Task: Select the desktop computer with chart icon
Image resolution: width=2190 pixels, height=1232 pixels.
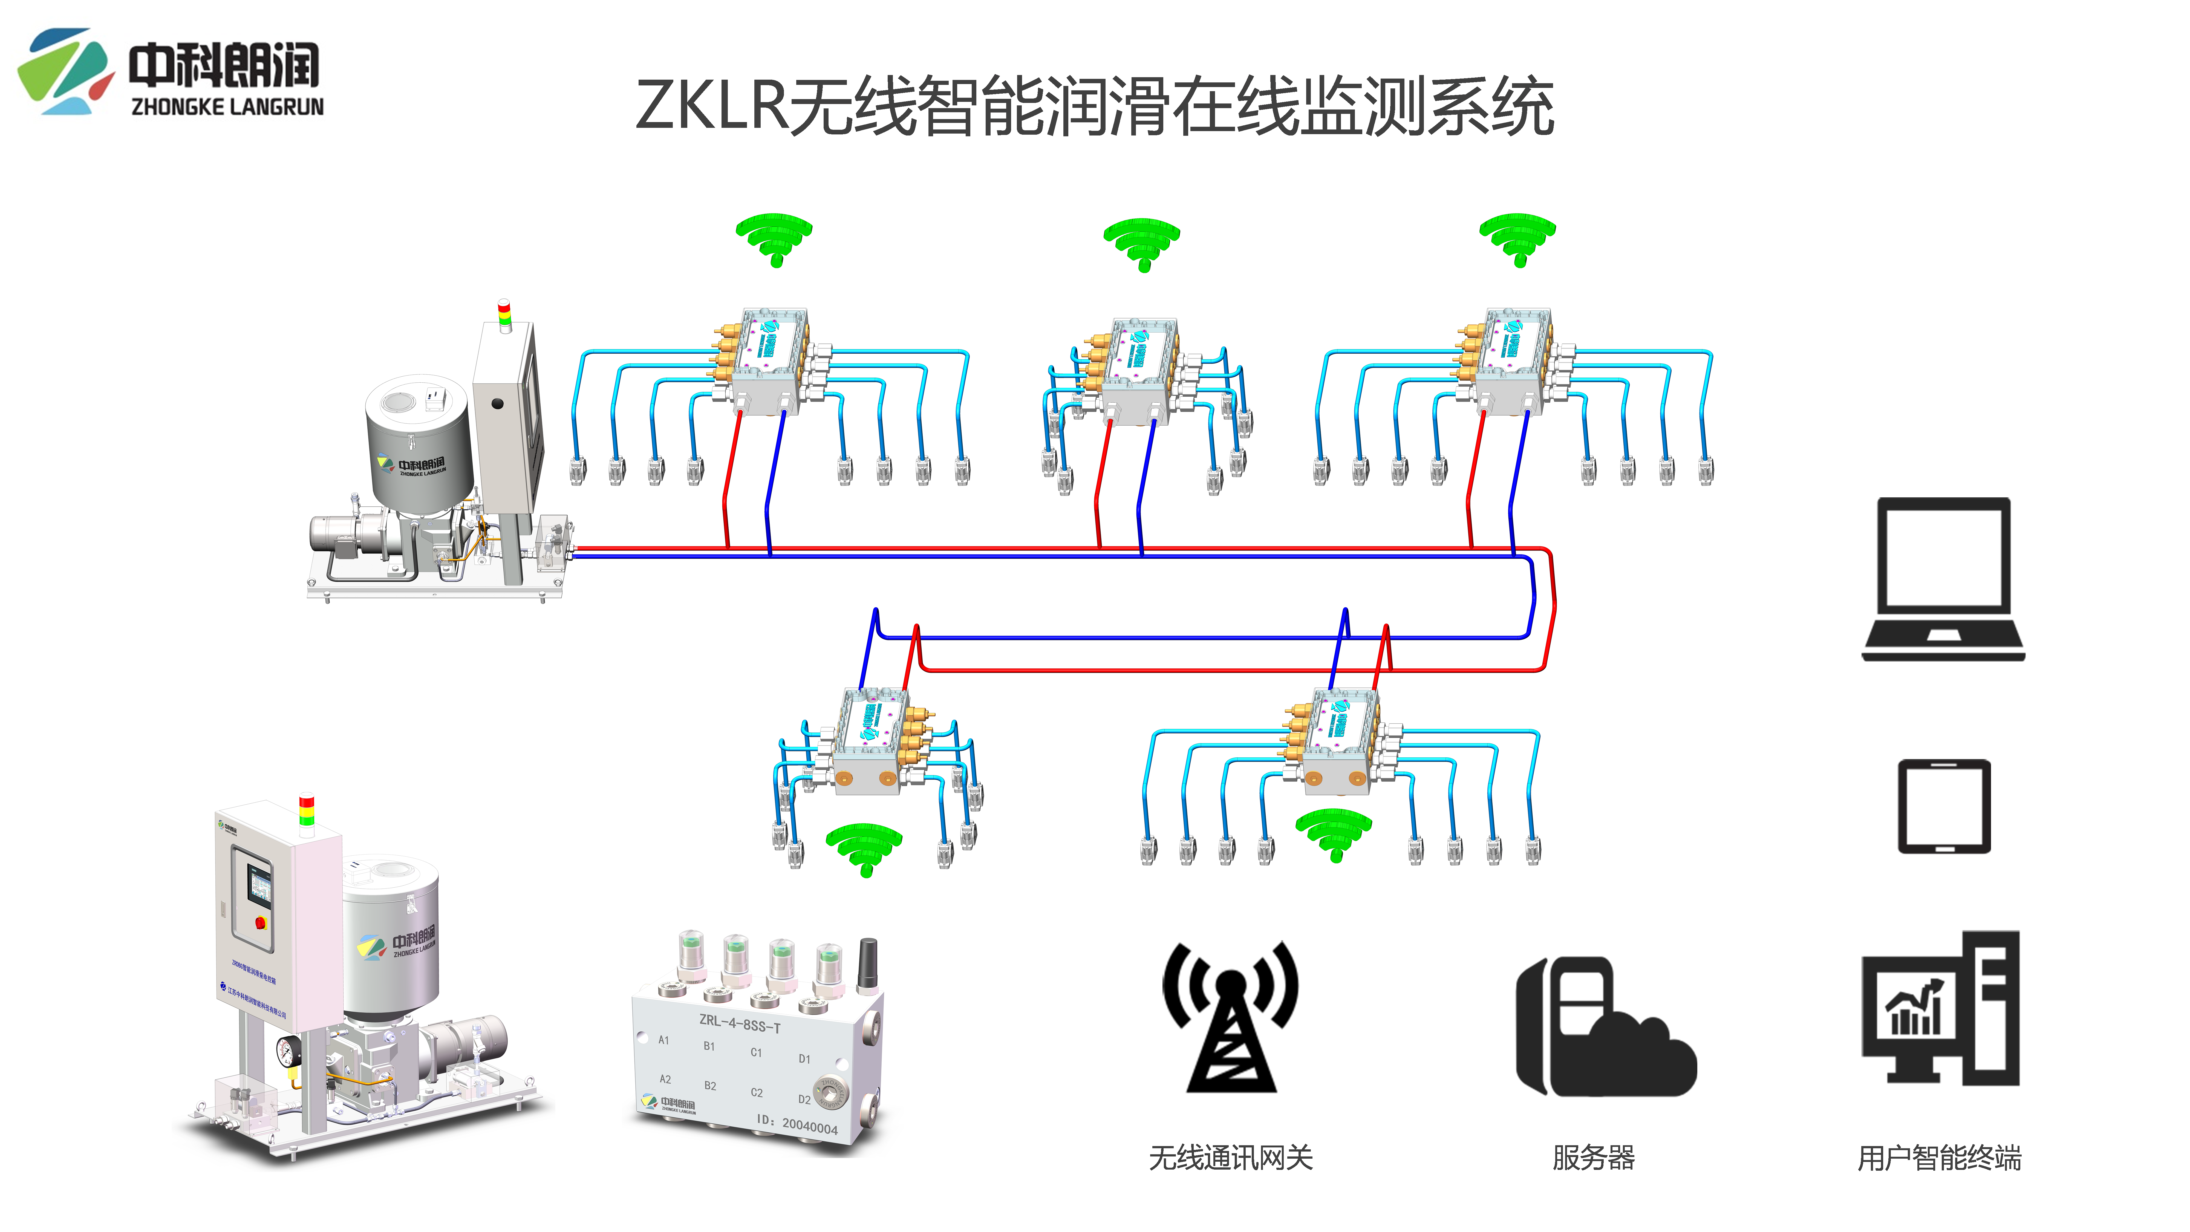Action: coord(1940,1009)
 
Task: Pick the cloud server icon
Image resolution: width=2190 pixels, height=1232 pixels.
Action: coord(1605,1027)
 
